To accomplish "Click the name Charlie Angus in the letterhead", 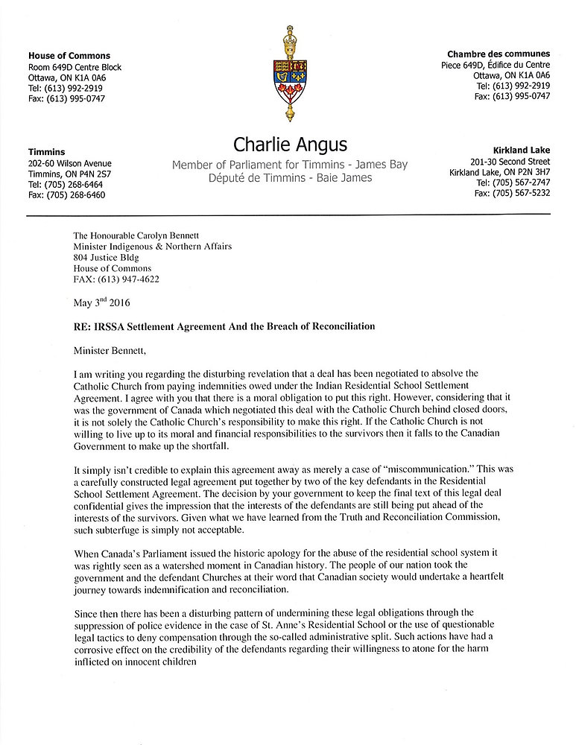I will (290, 144).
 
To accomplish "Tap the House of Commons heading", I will (69, 56).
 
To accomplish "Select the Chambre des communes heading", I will (499, 54).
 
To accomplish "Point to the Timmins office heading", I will (46, 152).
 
